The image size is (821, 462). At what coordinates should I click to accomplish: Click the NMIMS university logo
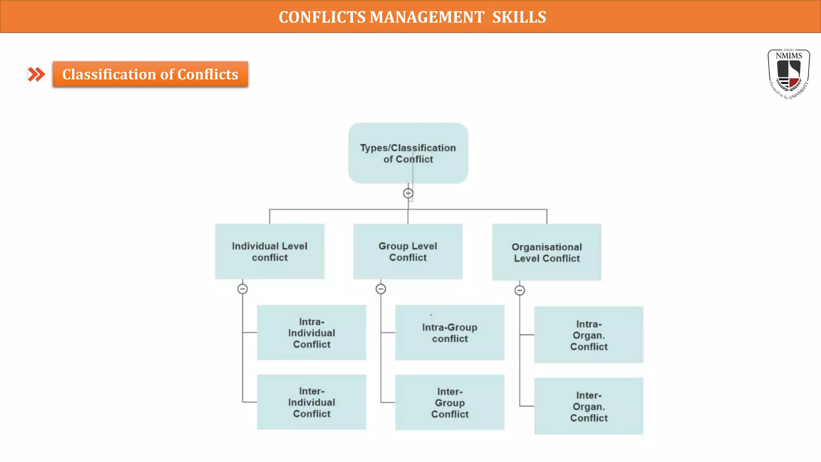tap(789, 74)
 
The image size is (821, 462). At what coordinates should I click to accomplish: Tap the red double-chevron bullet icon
tap(36, 74)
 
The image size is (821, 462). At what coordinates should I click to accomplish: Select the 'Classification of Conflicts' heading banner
tap(150, 74)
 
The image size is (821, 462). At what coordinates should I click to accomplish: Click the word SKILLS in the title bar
tap(519, 17)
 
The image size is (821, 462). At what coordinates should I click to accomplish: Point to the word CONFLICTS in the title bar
tap(322, 17)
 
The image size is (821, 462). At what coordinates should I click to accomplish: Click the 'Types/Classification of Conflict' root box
tap(408, 153)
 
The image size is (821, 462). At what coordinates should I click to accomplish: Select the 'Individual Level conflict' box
tap(269, 251)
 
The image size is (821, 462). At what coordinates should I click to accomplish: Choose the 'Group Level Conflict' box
tap(408, 251)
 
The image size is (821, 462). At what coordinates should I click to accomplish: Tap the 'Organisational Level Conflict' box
tap(546, 252)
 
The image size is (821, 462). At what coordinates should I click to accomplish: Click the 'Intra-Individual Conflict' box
tap(311, 332)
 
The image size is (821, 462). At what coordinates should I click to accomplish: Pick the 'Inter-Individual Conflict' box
tap(311, 402)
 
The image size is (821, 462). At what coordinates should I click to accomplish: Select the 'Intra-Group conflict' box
tap(450, 332)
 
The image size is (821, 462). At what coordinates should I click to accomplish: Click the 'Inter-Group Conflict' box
tap(450, 402)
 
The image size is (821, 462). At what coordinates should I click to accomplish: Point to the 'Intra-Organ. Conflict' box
tap(588, 335)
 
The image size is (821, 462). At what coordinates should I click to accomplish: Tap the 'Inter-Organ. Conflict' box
tap(588, 406)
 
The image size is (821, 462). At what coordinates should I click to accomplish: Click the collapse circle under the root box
tap(408, 193)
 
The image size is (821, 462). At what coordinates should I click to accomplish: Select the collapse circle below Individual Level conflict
tap(243, 289)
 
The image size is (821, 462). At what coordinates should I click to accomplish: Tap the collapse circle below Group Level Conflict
tap(381, 289)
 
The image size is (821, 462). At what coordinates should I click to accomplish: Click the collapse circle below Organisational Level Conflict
tap(520, 290)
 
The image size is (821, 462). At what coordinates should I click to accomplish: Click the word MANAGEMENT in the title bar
tap(427, 17)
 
